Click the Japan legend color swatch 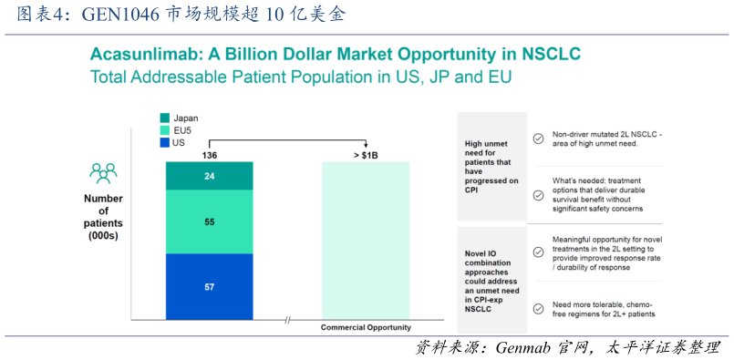tap(164, 118)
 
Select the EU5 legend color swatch tap(164, 130)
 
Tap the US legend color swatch tap(164, 143)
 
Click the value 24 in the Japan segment tap(209, 176)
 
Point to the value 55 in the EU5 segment tap(209, 221)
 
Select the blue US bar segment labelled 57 tap(209, 286)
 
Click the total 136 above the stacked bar tap(209, 156)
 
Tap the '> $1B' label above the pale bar tap(366, 156)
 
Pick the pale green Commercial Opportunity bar tap(366, 241)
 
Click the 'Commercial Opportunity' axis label tap(366, 328)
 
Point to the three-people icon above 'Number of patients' tap(103, 173)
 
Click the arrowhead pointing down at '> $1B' tap(366, 146)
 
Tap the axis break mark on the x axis tap(287, 320)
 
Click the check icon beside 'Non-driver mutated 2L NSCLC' tap(539, 139)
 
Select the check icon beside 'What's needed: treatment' tap(539, 195)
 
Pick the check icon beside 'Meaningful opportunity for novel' tap(539, 252)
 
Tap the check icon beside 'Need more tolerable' tap(539, 308)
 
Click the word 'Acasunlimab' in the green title tap(146, 55)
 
